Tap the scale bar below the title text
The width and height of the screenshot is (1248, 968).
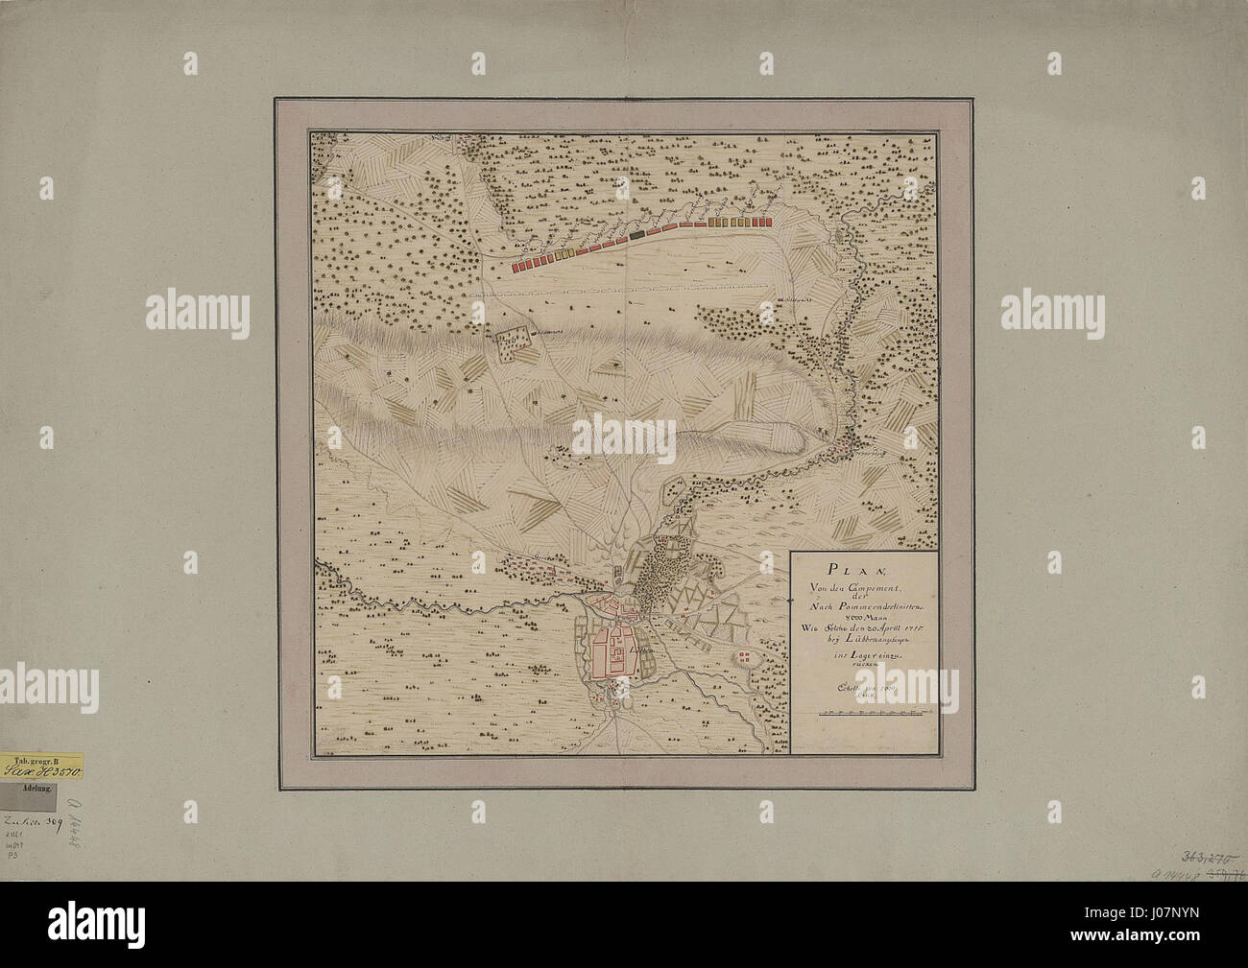(x=873, y=712)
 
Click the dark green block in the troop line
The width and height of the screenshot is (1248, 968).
(x=637, y=233)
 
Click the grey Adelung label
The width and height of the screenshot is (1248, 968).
(x=42, y=789)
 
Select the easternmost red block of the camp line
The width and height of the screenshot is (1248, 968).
(x=765, y=221)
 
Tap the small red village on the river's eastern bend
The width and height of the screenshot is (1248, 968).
(x=844, y=442)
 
